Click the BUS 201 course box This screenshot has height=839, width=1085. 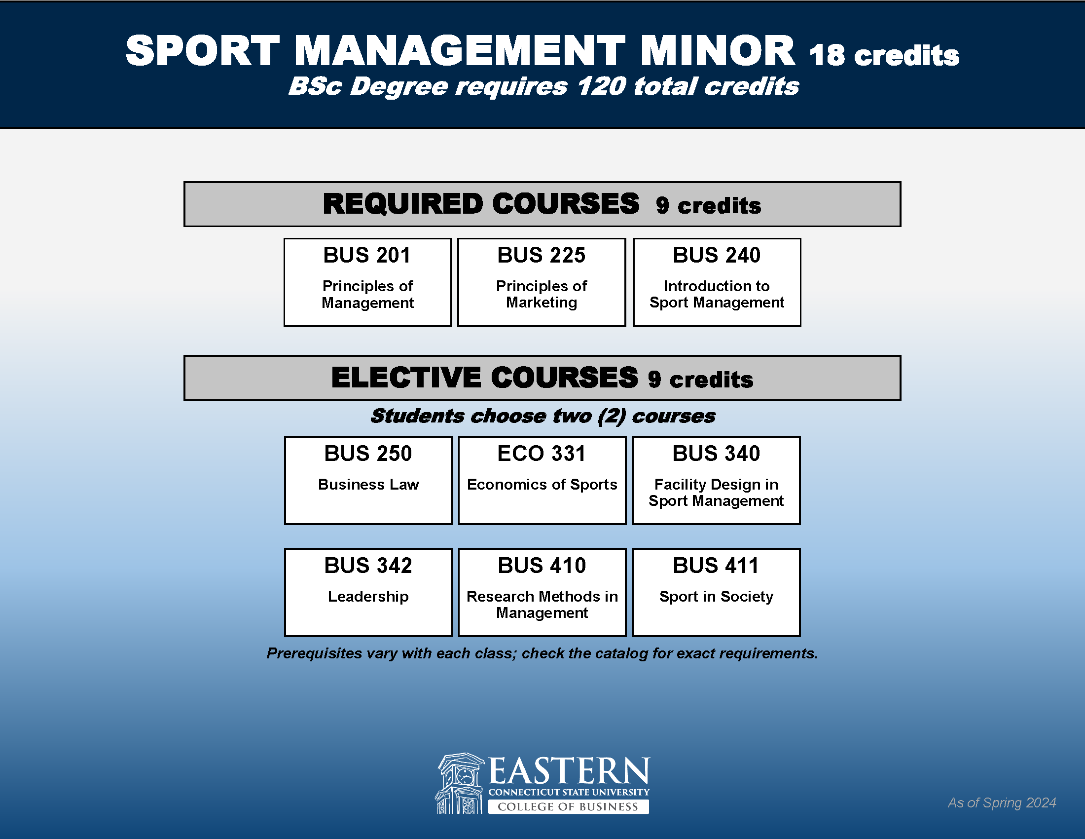(367, 282)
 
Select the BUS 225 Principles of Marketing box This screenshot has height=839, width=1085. (542, 282)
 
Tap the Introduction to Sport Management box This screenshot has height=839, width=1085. (717, 282)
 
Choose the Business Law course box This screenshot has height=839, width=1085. (368, 480)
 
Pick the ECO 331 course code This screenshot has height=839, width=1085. (542, 453)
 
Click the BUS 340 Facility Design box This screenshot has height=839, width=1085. (716, 480)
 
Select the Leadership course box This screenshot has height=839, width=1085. (368, 592)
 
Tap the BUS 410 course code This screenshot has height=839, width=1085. (542, 566)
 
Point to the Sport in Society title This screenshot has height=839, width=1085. (716, 596)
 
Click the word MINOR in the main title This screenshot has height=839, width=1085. (718, 51)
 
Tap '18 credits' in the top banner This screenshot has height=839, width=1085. (884, 55)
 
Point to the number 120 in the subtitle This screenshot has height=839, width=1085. (601, 86)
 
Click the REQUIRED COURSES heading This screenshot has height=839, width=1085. (481, 204)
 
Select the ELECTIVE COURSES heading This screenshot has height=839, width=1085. (484, 377)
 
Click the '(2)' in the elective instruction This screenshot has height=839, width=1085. (612, 416)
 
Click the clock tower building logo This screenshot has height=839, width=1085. (460, 783)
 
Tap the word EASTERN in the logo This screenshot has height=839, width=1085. (569, 770)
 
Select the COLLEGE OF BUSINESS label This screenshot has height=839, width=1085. (568, 807)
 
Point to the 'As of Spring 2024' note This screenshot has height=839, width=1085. (1002, 802)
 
